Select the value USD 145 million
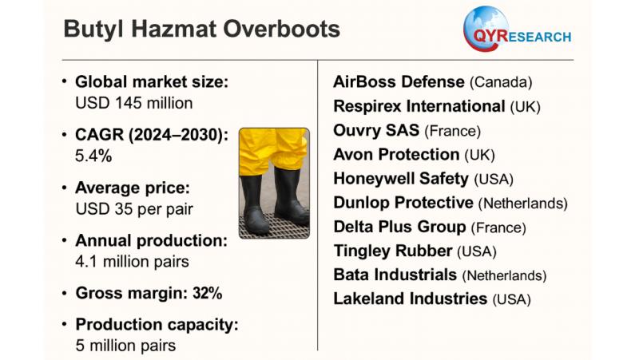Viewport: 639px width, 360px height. pos(133,103)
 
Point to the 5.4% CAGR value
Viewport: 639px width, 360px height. pos(93,156)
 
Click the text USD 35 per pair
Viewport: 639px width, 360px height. pos(134,209)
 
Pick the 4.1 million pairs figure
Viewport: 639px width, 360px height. pos(132,262)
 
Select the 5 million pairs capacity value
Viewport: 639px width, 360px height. pos(125,346)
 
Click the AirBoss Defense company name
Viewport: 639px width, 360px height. pos(399,82)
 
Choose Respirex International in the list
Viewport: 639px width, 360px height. pos(419,106)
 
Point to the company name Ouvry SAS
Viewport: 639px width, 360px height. pos(376,130)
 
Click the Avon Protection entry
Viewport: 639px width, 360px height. pos(396,154)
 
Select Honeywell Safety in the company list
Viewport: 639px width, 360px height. pos(401,179)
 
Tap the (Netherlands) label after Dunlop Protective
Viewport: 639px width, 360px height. pos(523,204)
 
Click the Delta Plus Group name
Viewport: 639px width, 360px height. pos(399,227)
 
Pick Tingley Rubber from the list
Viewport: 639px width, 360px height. pos(393,251)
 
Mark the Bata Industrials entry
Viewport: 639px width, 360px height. pos(395,275)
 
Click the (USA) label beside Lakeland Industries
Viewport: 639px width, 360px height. pos(511,299)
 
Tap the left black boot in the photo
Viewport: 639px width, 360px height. pos(255,204)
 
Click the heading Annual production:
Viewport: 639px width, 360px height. pos(151,241)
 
